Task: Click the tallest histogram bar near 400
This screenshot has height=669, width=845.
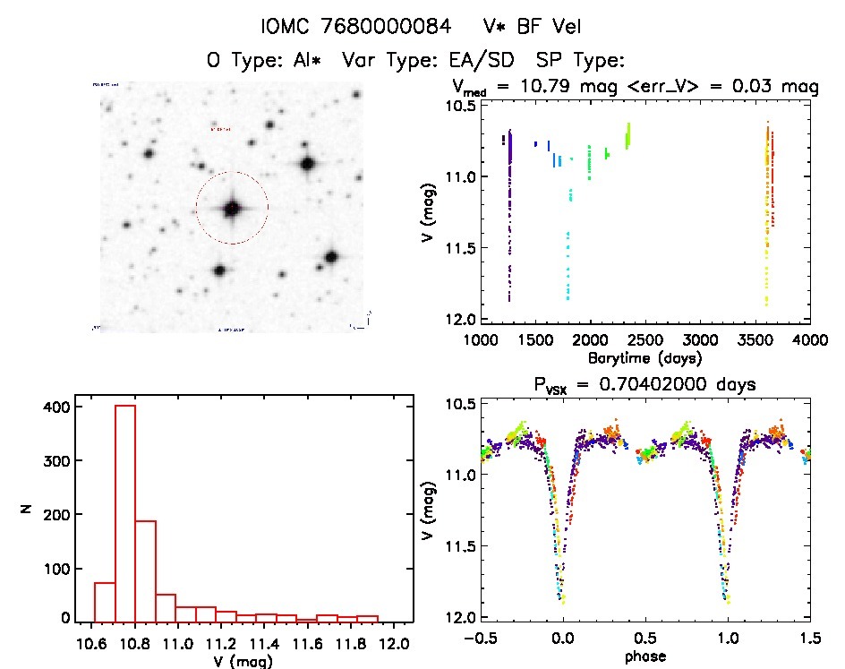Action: click(x=125, y=512)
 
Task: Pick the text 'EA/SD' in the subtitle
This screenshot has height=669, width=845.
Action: click(x=491, y=61)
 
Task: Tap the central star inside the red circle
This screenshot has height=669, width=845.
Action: click(x=232, y=209)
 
